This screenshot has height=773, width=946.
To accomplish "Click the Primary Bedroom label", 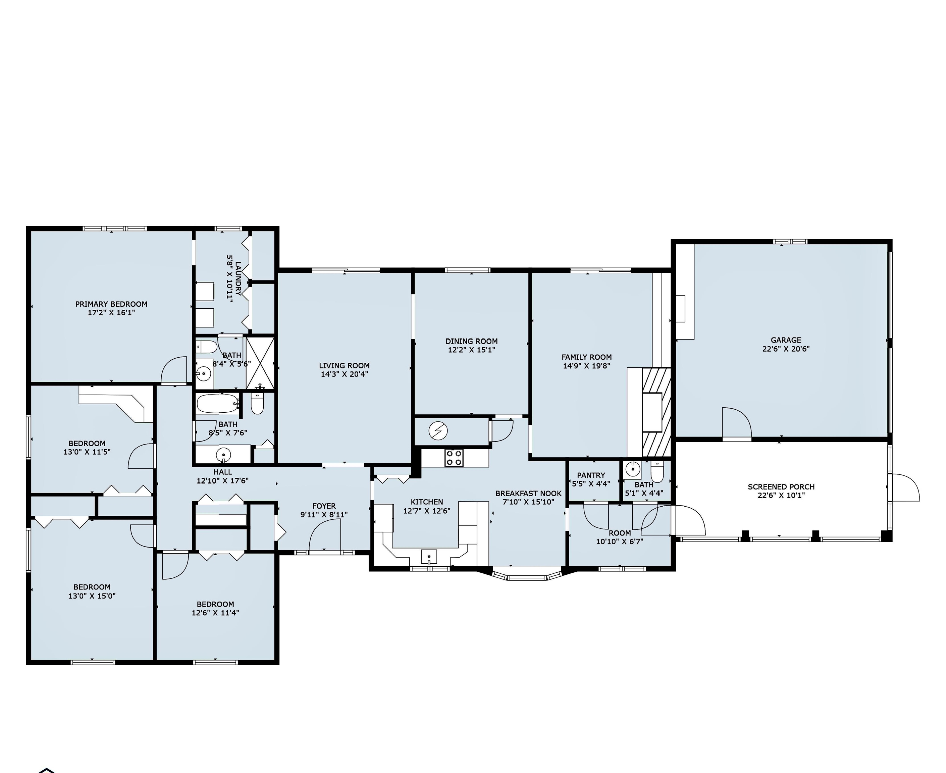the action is pyautogui.click(x=111, y=304).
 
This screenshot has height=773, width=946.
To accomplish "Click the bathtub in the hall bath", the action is pyautogui.click(x=218, y=404).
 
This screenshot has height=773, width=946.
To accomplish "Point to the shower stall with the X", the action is pyautogui.click(x=260, y=363).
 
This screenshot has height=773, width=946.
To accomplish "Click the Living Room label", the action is pyautogui.click(x=344, y=366).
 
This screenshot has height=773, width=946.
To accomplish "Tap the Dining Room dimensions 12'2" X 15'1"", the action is pyautogui.click(x=471, y=350).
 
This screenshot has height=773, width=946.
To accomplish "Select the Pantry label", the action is pyautogui.click(x=591, y=475).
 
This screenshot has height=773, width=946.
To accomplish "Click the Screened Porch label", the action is pyautogui.click(x=781, y=487).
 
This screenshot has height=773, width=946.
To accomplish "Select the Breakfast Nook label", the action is pyautogui.click(x=528, y=494).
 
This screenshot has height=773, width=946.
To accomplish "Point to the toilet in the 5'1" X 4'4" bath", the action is pyautogui.click(x=657, y=471).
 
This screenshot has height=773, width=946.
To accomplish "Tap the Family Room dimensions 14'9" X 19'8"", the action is pyautogui.click(x=586, y=366).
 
